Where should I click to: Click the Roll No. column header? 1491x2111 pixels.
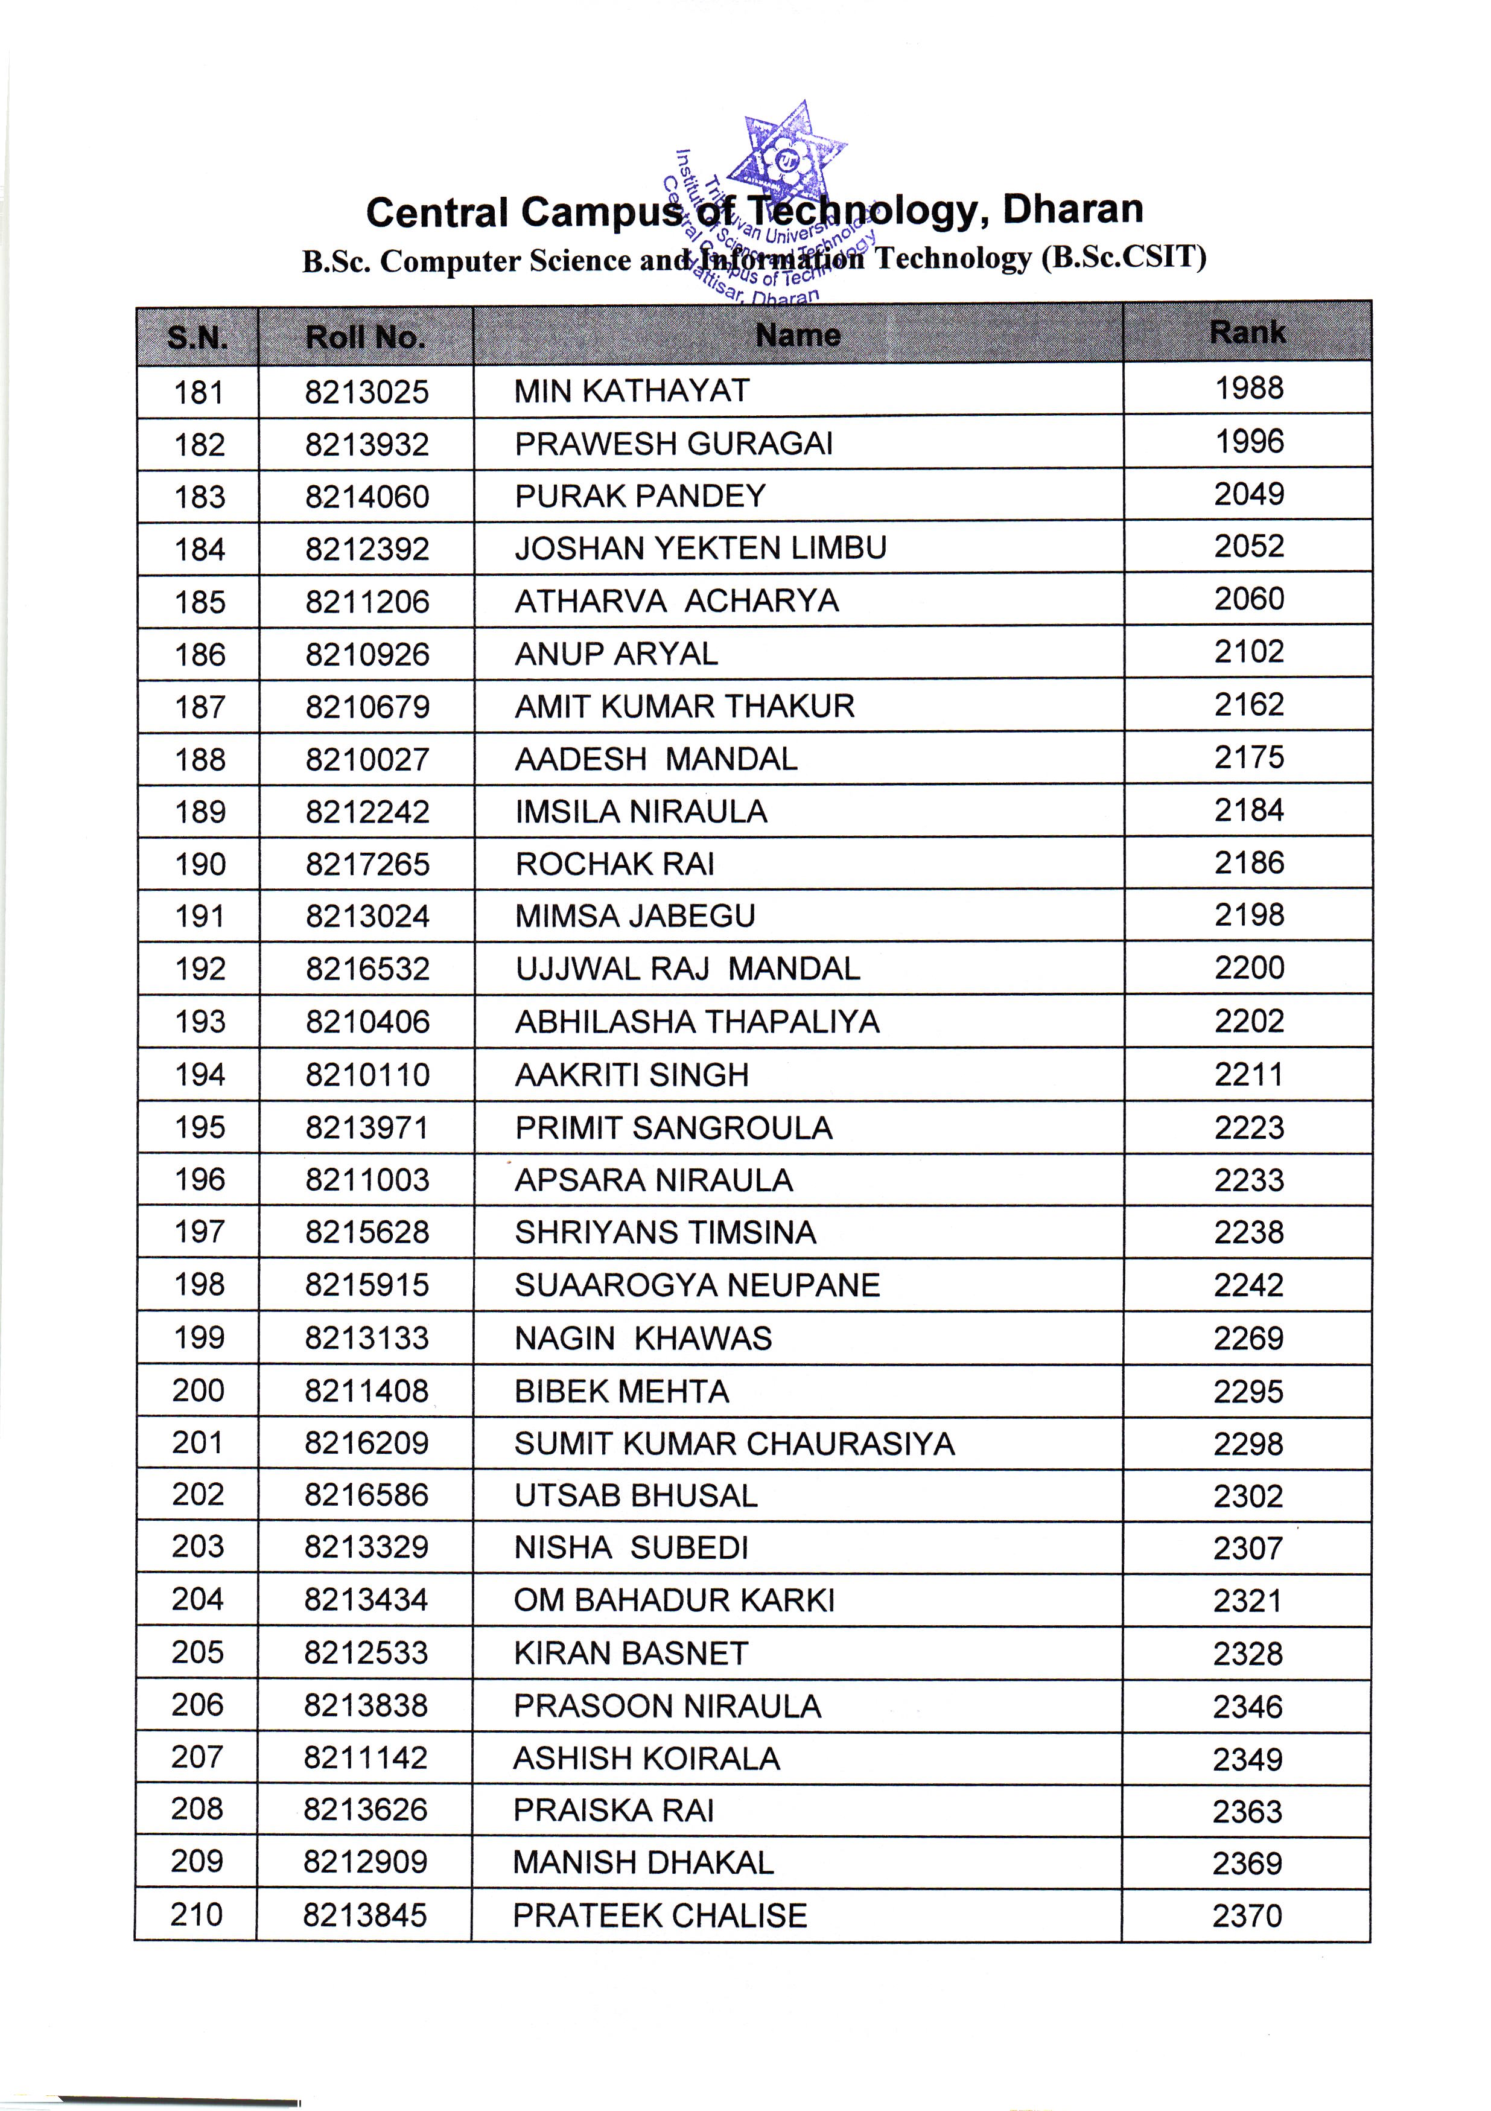[x=365, y=337]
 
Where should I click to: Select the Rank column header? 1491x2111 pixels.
[x=1247, y=332]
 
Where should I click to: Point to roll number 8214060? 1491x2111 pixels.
[x=367, y=497]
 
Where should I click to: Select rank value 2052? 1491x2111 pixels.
[x=1248, y=546]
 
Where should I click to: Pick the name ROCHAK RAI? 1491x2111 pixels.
[x=614, y=864]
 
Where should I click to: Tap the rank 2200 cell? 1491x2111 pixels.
[x=1248, y=967]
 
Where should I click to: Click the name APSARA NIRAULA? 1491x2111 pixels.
[x=653, y=1180]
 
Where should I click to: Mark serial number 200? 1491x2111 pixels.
[x=198, y=1390]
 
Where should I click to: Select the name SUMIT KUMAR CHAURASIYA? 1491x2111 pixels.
[x=734, y=1444]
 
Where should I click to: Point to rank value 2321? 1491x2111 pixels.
[x=1247, y=1600]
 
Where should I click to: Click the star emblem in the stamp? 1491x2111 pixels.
[x=786, y=156]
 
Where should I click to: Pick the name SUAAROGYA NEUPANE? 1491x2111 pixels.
[x=697, y=1285]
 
